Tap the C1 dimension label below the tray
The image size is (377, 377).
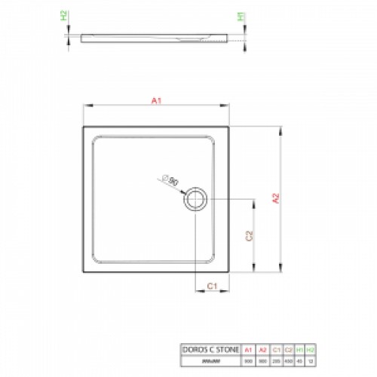[212, 285]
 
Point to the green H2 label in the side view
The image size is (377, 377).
[64, 16]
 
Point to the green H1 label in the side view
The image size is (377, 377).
[241, 16]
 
